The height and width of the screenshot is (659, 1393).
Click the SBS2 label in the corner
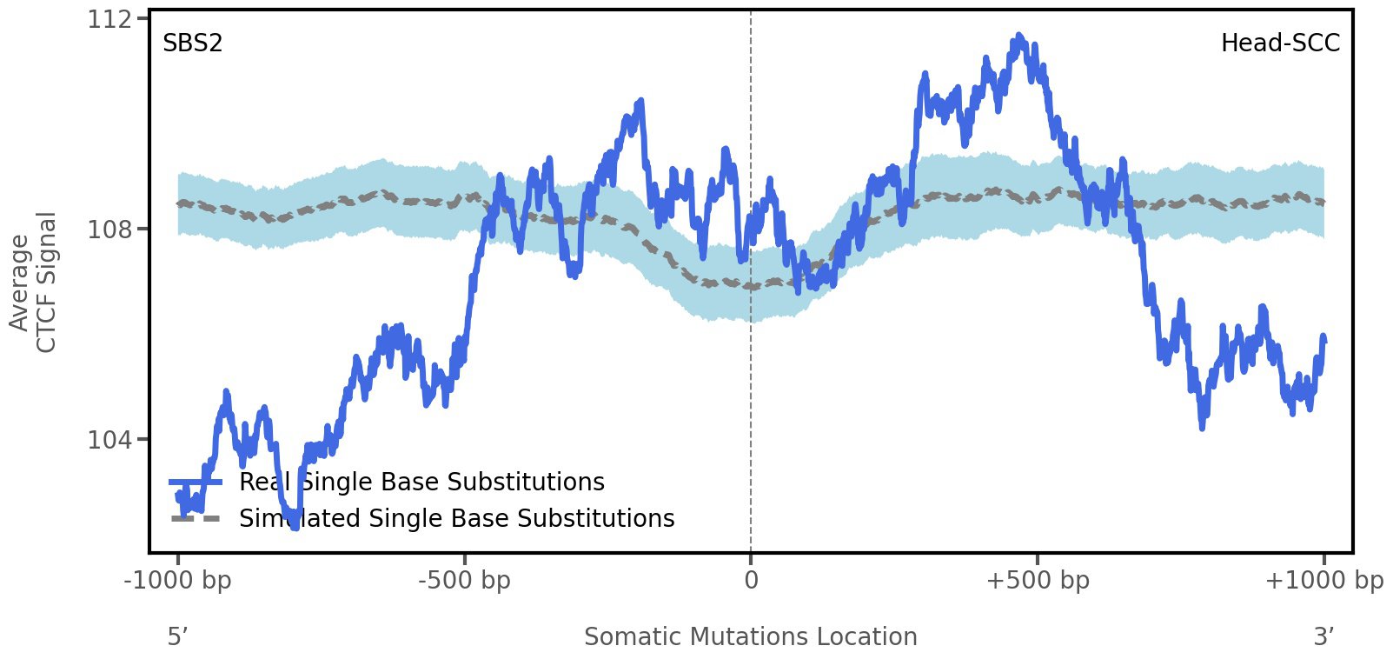[193, 43]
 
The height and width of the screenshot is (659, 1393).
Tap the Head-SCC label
[1280, 43]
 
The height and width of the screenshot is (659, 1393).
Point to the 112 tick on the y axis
[109, 19]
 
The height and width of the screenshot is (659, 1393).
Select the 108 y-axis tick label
[109, 230]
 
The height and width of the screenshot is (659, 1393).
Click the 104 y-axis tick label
[109, 440]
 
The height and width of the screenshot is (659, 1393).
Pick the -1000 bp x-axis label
[178, 580]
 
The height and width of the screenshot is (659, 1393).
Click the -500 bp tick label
[464, 580]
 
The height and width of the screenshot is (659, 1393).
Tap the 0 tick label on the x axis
[751, 580]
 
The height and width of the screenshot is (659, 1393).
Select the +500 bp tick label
[1038, 580]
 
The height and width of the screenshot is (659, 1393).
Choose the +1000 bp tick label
[1323, 580]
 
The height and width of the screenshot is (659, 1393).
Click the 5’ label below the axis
[178, 637]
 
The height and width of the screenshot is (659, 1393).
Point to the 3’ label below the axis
[1323, 637]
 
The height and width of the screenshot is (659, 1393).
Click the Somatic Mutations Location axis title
[751, 637]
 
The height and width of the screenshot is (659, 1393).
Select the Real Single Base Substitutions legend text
[421, 483]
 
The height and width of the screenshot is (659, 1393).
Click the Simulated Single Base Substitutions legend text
[456, 519]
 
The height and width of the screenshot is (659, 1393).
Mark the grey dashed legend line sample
[196, 519]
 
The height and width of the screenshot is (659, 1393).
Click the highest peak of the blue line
[1018, 37]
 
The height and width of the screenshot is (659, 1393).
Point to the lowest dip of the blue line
[295, 526]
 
